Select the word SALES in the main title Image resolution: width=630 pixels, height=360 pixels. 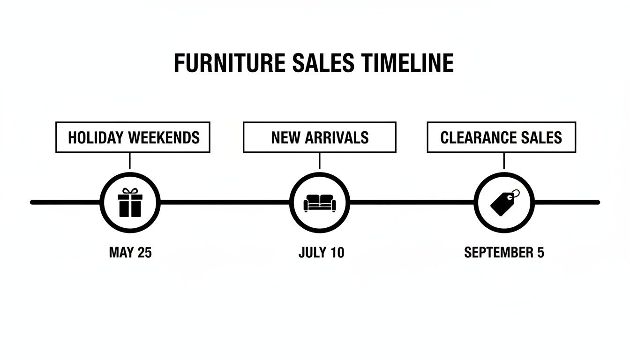pyautogui.click(x=317, y=63)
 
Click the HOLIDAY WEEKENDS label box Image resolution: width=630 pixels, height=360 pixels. pyautogui.click(x=133, y=137)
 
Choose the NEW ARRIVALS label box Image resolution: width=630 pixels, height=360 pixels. pyautogui.click(x=319, y=137)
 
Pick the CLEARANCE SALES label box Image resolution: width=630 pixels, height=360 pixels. pyautogui.click(x=501, y=137)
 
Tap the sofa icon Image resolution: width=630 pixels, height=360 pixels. pyautogui.click(x=319, y=202)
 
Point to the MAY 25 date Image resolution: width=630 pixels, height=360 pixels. pyautogui.click(x=130, y=253)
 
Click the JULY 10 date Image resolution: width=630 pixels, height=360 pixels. pyautogui.click(x=321, y=253)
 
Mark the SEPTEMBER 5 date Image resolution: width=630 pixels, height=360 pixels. pyautogui.click(x=504, y=253)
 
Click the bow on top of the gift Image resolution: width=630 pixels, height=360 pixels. pyautogui.click(x=130, y=191)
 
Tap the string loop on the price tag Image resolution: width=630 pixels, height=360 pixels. pyautogui.click(x=514, y=194)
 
